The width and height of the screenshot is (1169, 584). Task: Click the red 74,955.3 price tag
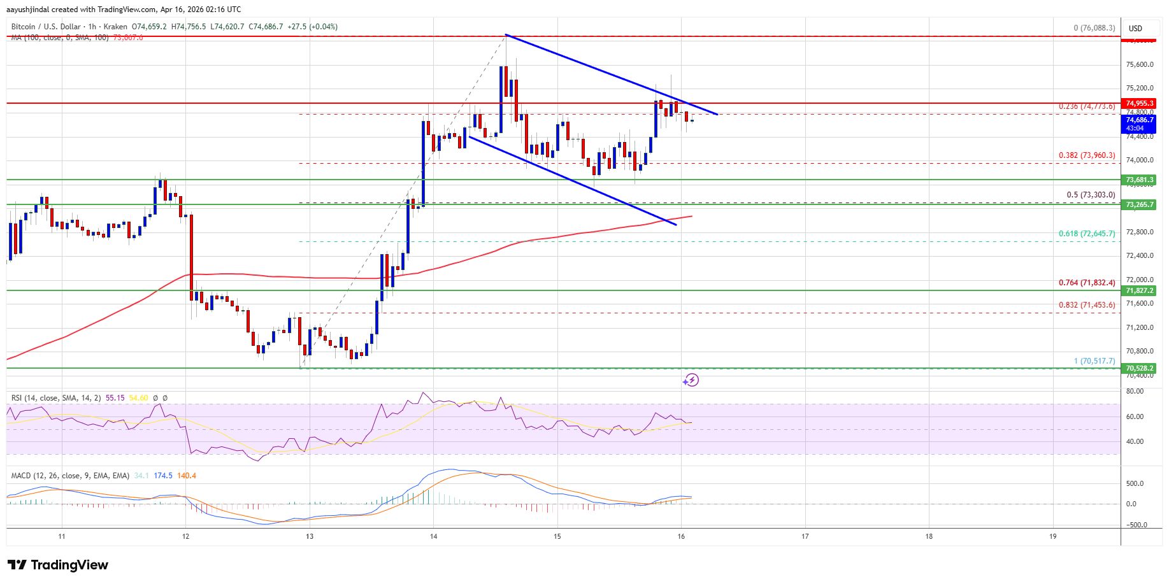pyautogui.click(x=1140, y=103)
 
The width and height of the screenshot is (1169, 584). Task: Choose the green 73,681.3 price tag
pyautogui.click(x=1140, y=180)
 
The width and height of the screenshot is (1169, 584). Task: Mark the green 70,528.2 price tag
pyautogui.click(x=1140, y=368)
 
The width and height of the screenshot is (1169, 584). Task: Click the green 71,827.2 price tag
pyautogui.click(x=1140, y=290)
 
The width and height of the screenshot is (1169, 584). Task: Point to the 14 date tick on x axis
pyautogui.click(x=433, y=536)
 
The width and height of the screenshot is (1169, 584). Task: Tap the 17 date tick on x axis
pyautogui.click(x=805, y=536)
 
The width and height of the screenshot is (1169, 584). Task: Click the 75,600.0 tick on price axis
pyautogui.click(x=1140, y=64)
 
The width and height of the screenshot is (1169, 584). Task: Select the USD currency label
pyautogui.click(x=1135, y=29)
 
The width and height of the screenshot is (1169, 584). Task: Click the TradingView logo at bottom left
pyautogui.click(x=58, y=565)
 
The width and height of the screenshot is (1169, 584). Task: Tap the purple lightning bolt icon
pyautogui.click(x=691, y=380)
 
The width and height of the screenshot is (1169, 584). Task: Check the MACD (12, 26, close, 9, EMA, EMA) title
pyautogui.click(x=70, y=476)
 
